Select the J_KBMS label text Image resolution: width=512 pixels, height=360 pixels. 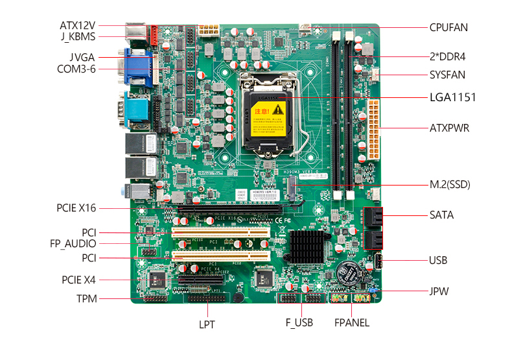coord(78,37)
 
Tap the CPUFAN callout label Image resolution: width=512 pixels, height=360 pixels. coord(448,27)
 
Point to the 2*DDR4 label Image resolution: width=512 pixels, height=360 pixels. coord(447,57)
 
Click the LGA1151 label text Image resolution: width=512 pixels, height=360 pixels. coord(452,98)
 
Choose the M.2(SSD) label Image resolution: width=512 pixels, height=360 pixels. coord(449,185)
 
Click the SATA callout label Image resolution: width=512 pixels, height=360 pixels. coord(441,215)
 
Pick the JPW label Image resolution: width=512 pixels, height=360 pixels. coord(439,291)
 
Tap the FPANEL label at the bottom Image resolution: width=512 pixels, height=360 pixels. coord(351,322)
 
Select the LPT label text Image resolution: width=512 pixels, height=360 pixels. coord(207,324)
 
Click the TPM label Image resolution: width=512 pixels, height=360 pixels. coord(86,298)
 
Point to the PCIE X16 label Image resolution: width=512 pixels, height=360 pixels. coord(76,208)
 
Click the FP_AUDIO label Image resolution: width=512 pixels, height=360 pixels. coord(73,244)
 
